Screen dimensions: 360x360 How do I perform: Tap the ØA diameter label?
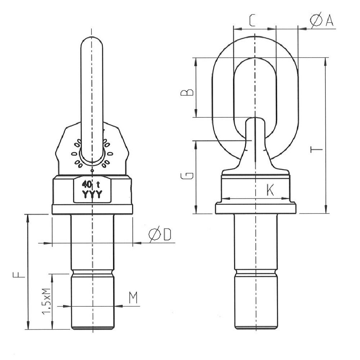[x=321, y=21]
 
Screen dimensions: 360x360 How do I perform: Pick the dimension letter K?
[x=270, y=190]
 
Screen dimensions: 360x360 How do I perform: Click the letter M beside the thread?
[x=134, y=297]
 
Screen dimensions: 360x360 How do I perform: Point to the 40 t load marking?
[x=91, y=185]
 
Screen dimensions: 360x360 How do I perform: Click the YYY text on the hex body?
[x=92, y=195]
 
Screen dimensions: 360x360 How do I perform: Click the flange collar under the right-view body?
[x=256, y=208]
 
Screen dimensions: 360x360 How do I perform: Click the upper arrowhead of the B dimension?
[x=196, y=61]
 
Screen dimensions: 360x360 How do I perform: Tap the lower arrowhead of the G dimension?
[x=196, y=210]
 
